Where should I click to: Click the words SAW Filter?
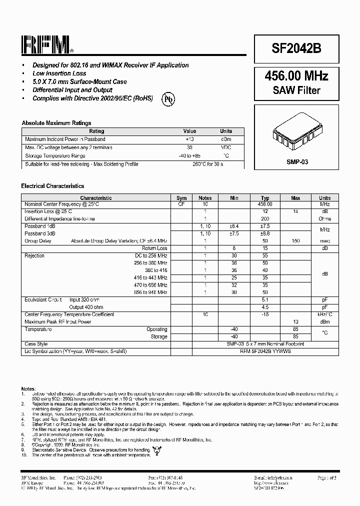[x=296, y=90]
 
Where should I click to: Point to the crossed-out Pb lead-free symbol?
[x=168, y=100]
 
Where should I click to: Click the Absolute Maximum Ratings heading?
[x=56, y=123]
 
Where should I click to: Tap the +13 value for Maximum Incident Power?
[x=189, y=139]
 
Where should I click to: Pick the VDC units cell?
[x=226, y=147]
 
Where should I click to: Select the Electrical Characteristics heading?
[x=52, y=186]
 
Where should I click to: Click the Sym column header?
[x=181, y=198]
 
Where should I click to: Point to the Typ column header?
[x=265, y=198]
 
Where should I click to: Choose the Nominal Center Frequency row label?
[x=62, y=204]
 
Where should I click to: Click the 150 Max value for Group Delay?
[x=295, y=241]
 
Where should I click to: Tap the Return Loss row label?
[x=154, y=248]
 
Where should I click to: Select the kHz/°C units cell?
[x=325, y=314]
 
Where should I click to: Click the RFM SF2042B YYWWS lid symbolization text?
[x=265, y=351]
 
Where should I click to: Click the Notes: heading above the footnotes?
[x=28, y=388]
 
